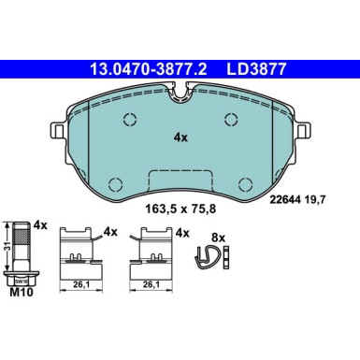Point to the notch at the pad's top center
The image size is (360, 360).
(x=180, y=91)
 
